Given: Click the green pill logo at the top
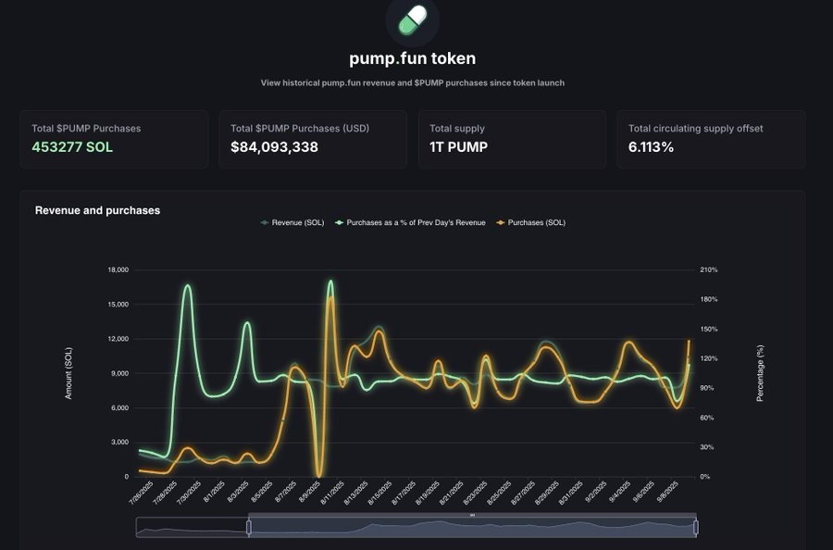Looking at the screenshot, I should pos(413,19).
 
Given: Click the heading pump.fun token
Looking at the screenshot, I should pos(413,58).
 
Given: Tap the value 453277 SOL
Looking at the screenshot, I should pos(72,146).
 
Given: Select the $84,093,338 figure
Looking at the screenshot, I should pos(274,146).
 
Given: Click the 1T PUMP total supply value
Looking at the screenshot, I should pos(459,146).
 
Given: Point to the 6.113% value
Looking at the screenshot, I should pos(651,146).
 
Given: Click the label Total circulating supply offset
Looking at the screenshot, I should pos(695,129).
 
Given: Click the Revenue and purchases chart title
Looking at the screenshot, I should pos(97,210).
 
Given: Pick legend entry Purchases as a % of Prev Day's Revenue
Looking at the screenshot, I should pos(416,223).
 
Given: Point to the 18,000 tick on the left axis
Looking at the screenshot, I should pos(117,269).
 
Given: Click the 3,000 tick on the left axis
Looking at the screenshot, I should pos(118,443).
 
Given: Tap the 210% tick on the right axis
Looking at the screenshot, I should pos(708,269).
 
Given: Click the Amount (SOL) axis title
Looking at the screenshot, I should pos(68,373).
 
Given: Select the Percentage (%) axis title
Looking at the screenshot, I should pos(760,373).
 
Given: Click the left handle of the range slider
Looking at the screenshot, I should pos(248,527).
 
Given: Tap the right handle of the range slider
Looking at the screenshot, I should pos(695,527).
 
